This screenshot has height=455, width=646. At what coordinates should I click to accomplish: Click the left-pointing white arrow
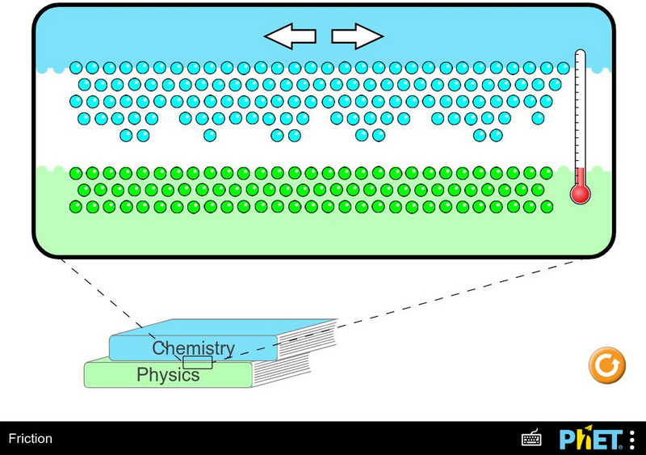(x=291, y=36)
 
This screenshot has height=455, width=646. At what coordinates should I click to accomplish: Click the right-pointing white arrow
(x=357, y=36)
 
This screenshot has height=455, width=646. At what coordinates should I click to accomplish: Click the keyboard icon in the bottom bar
(x=531, y=439)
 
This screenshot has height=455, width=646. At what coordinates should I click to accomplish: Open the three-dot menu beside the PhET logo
(x=631, y=439)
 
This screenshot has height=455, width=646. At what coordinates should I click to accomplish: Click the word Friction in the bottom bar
(x=30, y=439)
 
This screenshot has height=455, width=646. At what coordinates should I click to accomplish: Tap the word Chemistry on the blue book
(x=194, y=348)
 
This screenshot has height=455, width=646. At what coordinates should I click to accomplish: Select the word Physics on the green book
(x=168, y=375)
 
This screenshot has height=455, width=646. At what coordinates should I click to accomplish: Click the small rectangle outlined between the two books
(x=198, y=362)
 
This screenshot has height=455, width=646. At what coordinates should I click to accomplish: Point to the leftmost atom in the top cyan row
(x=76, y=68)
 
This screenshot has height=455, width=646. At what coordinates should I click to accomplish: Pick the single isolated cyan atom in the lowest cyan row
(x=210, y=135)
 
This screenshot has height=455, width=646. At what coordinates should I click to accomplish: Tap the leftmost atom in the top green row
(x=76, y=173)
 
